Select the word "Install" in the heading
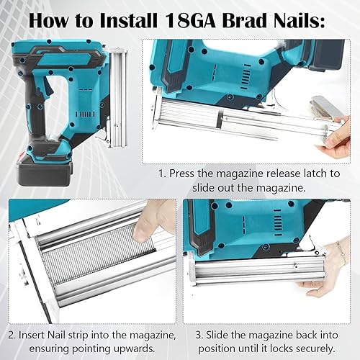[x=128, y=21]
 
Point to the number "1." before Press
[x=162, y=174]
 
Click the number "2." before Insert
[x=12, y=335]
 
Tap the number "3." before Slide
[x=199, y=335]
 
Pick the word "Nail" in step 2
[x=56, y=335]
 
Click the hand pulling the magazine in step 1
[x=336, y=138]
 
